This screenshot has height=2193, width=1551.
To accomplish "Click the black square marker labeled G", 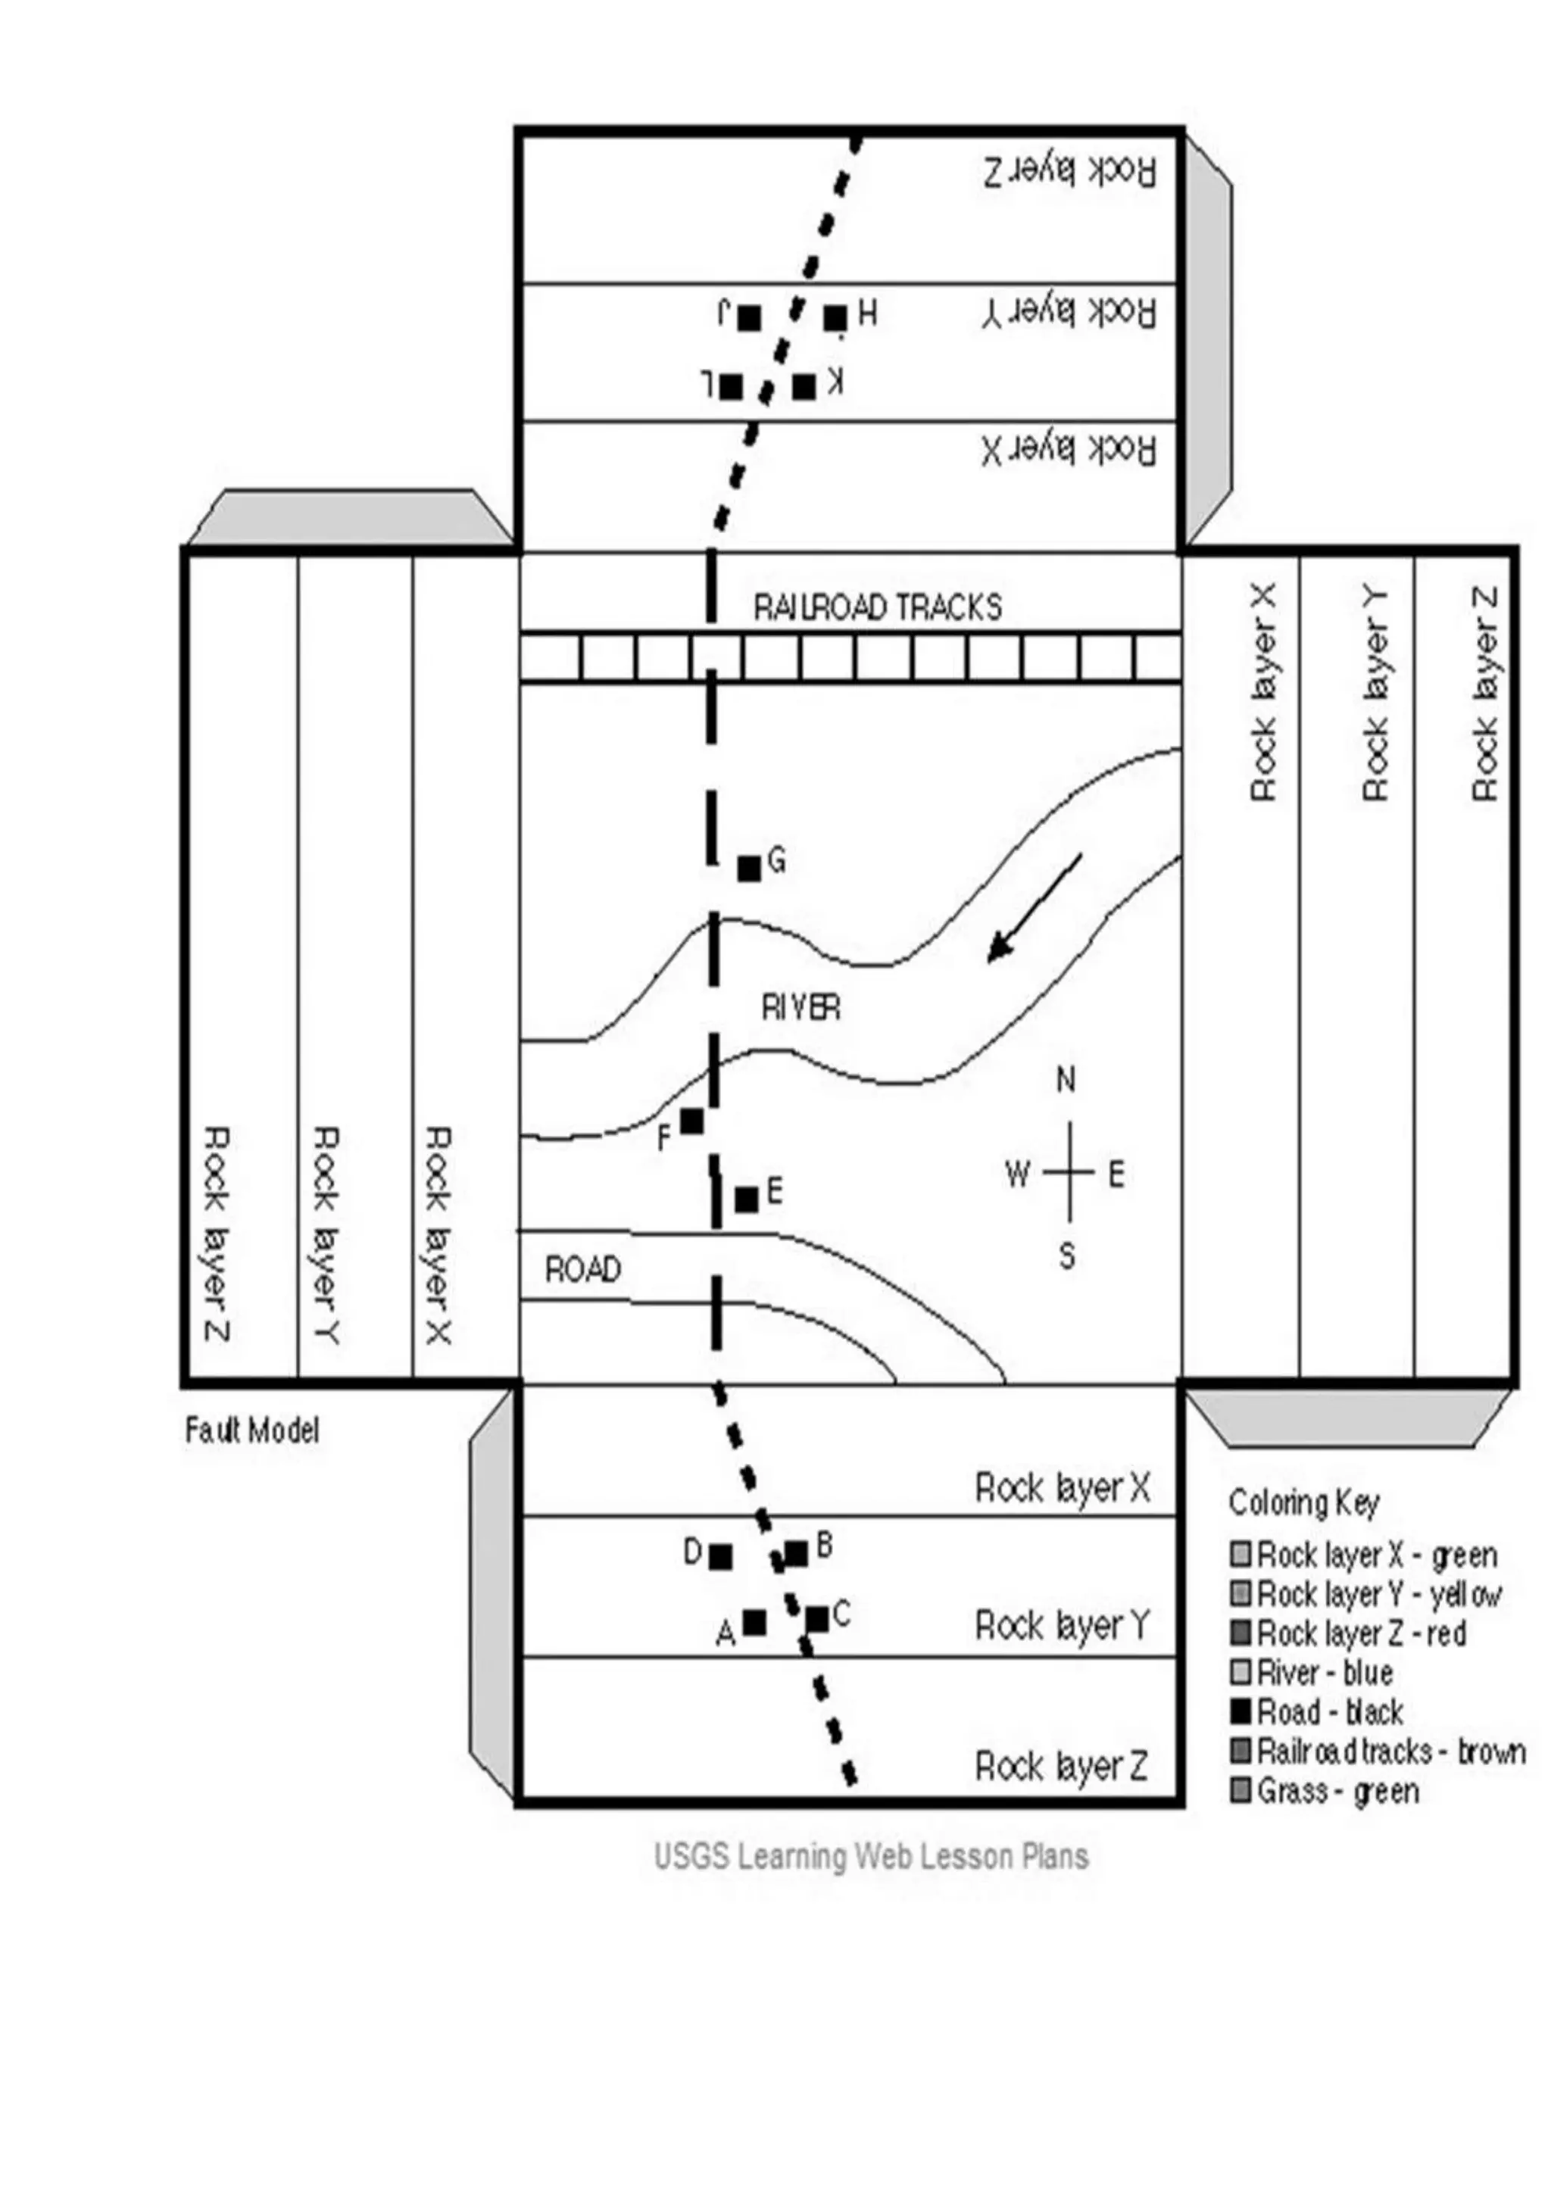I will [749, 869].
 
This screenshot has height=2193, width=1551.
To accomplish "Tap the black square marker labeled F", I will [691, 1121].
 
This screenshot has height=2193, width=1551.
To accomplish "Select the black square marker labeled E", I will [747, 1199].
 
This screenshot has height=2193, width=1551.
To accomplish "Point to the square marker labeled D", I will [721, 1557].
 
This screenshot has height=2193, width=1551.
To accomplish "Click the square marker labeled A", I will [754, 1622].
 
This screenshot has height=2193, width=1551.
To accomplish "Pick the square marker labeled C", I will [816, 1619].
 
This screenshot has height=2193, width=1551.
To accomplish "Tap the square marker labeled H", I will [835, 317].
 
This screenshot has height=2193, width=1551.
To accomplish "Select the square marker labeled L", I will [731, 387].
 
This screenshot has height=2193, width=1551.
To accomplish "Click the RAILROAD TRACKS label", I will [878, 607].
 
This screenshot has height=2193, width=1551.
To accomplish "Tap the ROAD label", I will [582, 1269].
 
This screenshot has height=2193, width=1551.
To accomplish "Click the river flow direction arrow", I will [1035, 907].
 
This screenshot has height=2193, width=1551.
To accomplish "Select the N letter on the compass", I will [1066, 1081].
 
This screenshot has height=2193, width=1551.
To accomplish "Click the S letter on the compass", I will [1067, 1256].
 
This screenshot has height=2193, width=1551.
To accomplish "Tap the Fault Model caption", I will [252, 1430].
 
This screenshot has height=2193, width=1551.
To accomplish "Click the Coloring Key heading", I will [1303, 1502].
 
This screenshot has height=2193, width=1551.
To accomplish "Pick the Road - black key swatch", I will [1240, 1711].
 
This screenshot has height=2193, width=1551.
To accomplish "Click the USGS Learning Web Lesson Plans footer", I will [871, 1856].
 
